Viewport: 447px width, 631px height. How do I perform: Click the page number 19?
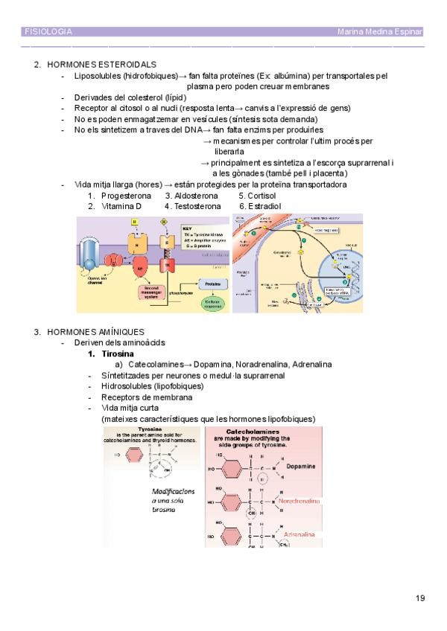coord(420,598)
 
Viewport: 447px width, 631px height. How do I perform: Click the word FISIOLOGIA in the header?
coord(48,32)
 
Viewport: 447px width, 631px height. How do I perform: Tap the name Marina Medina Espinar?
coord(380,32)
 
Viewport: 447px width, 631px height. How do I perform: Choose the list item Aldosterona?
coord(197,195)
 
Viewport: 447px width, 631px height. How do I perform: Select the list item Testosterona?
coord(197,205)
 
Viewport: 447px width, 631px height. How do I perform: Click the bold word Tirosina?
coord(118,353)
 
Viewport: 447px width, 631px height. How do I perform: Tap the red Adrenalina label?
coord(299,535)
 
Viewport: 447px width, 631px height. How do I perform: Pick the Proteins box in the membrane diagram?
coord(213,284)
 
